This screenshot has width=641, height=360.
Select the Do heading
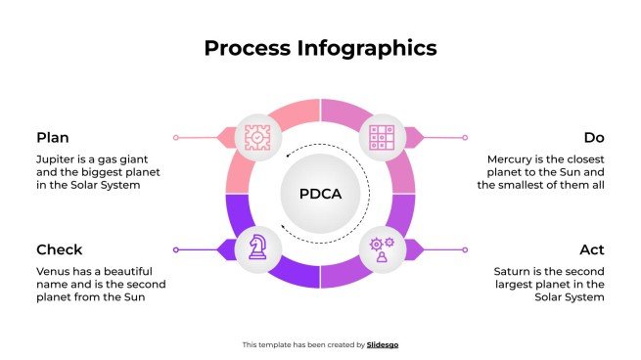click(x=594, y=138)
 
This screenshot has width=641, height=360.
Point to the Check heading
click(x=59, y=249)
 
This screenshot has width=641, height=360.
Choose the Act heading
click(x=592, y=249)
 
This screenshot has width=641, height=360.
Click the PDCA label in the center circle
click(x=320, y=194)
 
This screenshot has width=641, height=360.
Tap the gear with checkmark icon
click(x=255, y=138)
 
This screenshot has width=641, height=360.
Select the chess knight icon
click(x=255, y=248)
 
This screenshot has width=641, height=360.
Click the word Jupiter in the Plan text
click(x=57, y=158)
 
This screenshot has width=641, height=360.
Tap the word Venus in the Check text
click(x=54, y=270)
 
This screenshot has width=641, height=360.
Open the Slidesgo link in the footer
click(x=383, y=344)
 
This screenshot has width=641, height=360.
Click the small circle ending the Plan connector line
click(x=176, y=138)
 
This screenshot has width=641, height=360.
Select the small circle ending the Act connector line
click(x=464, y=249)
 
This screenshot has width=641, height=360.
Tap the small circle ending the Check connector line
click(x=176, y=249)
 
